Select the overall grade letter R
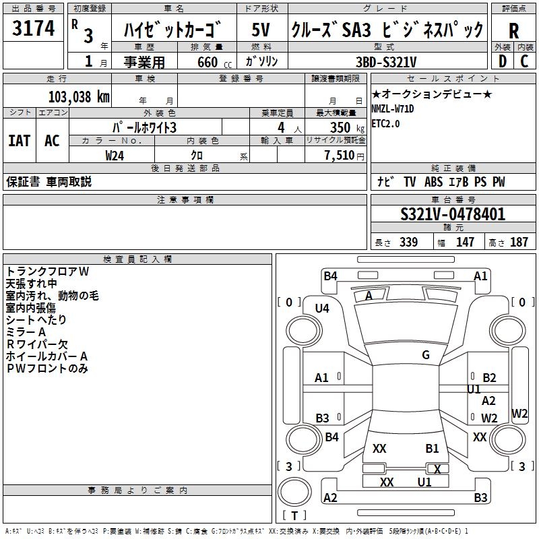513,31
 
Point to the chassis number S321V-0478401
453,215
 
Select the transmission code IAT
19,141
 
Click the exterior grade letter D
502,61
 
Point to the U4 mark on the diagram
322,308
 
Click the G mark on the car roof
426,354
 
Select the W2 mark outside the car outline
519,413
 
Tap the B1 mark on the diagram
432,448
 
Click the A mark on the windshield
369,296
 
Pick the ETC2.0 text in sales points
385,123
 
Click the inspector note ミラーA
26,331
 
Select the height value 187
519,243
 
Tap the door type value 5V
261,29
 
